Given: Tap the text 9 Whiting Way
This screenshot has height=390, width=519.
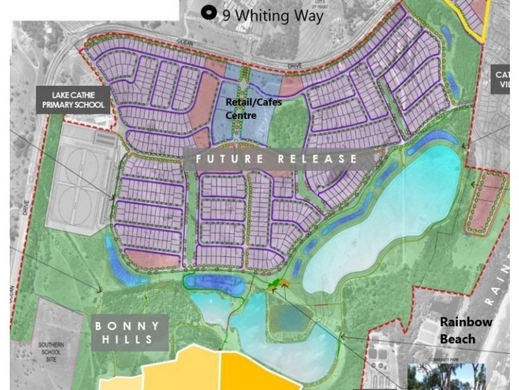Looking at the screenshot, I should pyautogui.click(x=272, y=15).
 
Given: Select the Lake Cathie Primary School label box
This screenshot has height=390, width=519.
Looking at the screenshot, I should pyautogui.click(x=75, y=99).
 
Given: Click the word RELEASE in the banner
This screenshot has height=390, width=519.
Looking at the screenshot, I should pyautogui.click(x=318, y=159).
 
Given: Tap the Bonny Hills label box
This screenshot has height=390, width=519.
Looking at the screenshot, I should pyautogui.click(x=130, y=332).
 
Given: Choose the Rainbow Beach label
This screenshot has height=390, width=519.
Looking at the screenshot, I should pyautogui.click(x=466, y=330).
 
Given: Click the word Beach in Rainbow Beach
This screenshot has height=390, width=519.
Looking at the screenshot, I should pyautogui.click(x=457, y=339).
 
